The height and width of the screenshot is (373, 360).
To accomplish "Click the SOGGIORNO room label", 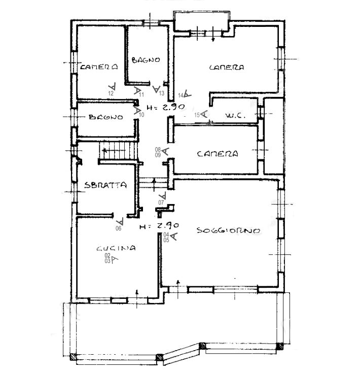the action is (x=228, y=230).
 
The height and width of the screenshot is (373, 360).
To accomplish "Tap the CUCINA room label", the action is (x=116, y=248).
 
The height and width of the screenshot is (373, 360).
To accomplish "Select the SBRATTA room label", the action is (x=105, y=185).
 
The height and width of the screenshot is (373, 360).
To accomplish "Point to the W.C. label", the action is (x=235, y=116).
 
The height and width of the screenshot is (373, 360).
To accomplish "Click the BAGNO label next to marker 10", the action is (x=106, y=117).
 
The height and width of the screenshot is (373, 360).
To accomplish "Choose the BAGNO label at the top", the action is (x=146, y=60).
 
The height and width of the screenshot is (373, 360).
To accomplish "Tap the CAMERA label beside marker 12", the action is (x=99, y=66).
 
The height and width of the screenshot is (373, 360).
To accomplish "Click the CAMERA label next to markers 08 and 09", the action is (x=218, y=154).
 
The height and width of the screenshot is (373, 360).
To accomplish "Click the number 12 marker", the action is (x=111, y=93).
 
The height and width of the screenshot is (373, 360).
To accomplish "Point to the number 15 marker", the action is (x=197, y=115).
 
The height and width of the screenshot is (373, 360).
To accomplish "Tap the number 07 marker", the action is (x=161, y=202).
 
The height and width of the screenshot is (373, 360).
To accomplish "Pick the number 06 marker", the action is (x=118, y=228).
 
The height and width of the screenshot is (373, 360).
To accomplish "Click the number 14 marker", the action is (x=181, y=95).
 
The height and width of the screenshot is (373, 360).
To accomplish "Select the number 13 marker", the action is (x=162, y=93).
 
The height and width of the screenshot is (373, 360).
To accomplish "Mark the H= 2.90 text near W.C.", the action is (x=166, y=107).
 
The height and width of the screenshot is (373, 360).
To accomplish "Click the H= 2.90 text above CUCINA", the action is (x=159, y=225).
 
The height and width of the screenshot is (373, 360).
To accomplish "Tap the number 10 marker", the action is (x=141, y=115).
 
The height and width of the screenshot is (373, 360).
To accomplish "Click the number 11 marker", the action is (x=141, y=95).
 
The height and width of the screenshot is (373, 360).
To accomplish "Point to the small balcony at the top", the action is (x=201, y=21).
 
